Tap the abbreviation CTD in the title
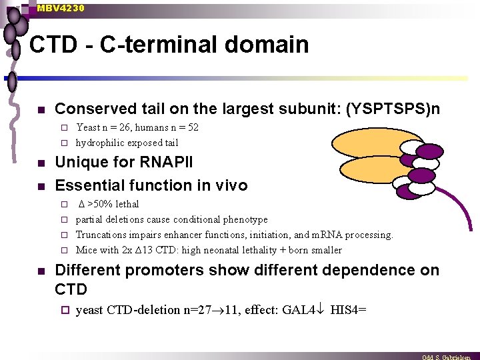click(x=55, y=45)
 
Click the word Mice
click(x=87, y=250)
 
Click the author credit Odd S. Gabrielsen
click(x=450, y=357)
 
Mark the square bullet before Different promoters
click(x=41, y=271)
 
